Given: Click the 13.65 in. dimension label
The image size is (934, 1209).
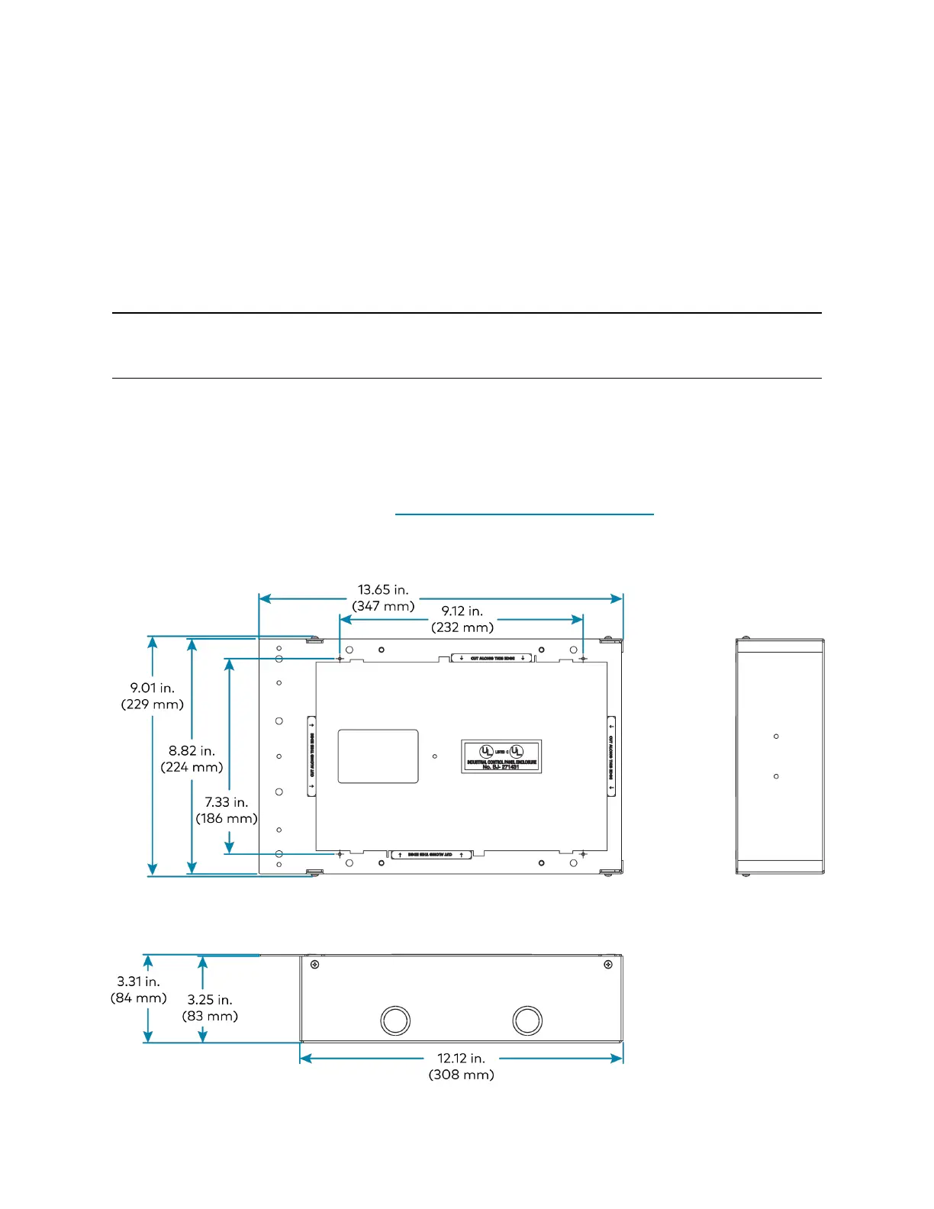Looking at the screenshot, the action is [383, 590].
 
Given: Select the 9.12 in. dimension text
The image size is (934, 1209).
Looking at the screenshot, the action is [462, 611].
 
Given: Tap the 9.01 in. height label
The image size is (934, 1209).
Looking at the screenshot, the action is [153, 688].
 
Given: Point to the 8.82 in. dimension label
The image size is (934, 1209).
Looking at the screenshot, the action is [192, 751].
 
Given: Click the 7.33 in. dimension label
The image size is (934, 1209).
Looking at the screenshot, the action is [227, 802].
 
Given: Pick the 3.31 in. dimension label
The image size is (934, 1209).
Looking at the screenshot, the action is [138, 982].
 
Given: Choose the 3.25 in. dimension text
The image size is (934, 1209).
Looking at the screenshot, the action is [210, 1000].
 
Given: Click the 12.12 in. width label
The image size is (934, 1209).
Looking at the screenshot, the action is [461, 1059].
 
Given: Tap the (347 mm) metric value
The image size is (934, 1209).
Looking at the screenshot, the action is [383, 606].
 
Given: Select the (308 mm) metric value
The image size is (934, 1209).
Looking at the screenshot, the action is [461, 1075].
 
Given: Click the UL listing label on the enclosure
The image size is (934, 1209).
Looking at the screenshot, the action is [501, 756].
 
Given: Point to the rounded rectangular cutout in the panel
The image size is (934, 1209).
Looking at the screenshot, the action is [378, 756].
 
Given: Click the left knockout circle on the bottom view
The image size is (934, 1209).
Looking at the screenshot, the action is [395, 1020].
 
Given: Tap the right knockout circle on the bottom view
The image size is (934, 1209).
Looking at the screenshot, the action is [527, 1020].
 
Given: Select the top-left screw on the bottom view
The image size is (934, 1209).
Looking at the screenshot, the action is [314, 965].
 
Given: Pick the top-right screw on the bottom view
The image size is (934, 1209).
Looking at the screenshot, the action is [608, 965].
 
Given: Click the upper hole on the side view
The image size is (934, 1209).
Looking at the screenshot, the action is [776, 737].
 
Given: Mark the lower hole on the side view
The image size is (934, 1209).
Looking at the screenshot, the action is [776, 776].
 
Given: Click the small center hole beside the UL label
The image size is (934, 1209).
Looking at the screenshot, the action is [435, 756].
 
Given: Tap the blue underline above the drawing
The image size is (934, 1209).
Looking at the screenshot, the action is [524, 515].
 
